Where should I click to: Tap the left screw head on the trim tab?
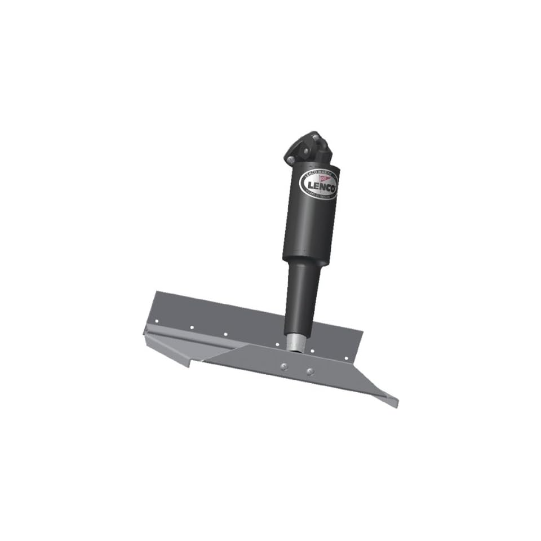(283, 366)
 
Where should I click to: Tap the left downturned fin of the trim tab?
(169, 349)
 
